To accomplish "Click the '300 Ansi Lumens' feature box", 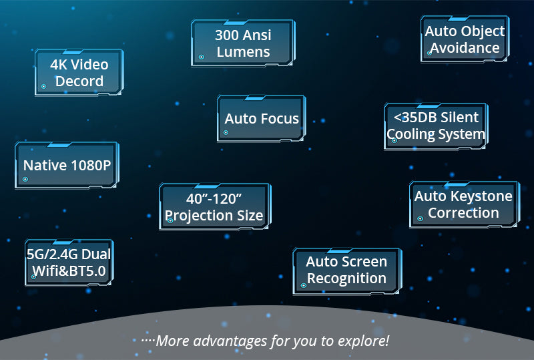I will [243, 43].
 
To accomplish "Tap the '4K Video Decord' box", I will [79, 73].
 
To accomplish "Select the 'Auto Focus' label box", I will [262, 119].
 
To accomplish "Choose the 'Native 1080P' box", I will [67, 165].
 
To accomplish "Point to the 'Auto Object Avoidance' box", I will [465, 39].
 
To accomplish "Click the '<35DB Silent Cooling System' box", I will [436, 126].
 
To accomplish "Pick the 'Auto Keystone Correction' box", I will [463, 204].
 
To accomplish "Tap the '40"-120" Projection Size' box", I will [214, 207].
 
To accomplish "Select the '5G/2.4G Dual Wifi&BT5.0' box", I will [69, 262].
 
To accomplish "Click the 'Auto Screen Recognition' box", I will [346, 270].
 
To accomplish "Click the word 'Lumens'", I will [243, 52].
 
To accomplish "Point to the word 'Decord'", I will [79, 81].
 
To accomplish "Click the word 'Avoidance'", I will [465, 48].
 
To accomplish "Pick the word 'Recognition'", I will [346, 279].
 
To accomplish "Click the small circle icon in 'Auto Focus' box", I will [226, 132].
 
